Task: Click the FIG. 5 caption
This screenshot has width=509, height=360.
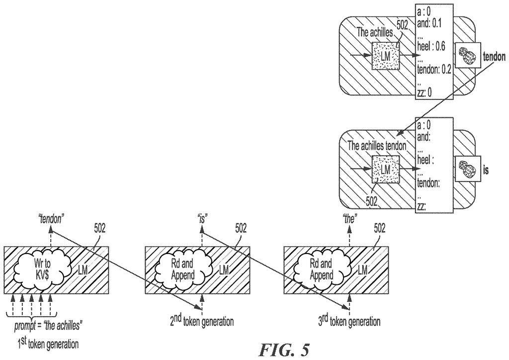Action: tap(284, 350)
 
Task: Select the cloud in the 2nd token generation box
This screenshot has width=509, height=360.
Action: tap(183, 270)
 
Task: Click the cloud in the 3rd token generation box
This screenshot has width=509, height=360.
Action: tap(322, 270)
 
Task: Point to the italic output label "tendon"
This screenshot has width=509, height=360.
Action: tap(50, 220)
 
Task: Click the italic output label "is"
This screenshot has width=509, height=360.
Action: tap(202, 219)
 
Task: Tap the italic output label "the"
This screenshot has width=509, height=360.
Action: tap(349, 219)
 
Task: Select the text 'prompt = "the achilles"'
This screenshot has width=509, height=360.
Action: tap(47, 326)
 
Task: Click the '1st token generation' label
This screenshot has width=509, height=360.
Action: tap(48, 344)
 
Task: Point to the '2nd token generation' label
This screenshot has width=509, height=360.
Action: tap(202, 321)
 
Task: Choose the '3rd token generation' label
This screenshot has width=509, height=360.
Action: tap(349, 321)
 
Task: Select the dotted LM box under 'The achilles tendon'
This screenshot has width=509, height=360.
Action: tap(385, 169)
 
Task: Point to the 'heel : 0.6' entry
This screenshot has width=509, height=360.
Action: tap(431, 46)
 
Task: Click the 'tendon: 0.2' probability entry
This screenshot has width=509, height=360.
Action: tap(433, 70)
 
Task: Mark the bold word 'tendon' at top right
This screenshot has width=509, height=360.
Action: tap(494, 57)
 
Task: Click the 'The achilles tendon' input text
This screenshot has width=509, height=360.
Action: tap(377, 146)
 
